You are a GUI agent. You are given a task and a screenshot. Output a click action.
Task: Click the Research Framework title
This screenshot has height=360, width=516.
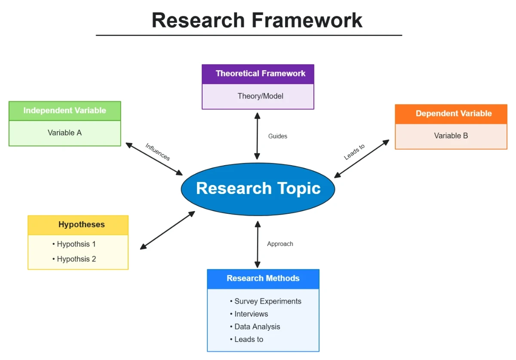point(257,20)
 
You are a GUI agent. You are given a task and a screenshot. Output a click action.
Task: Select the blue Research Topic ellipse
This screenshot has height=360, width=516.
point(258,189)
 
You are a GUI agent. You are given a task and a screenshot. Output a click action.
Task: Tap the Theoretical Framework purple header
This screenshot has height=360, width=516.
point(258,74)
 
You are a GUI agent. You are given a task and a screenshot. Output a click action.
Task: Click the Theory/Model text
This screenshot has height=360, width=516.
point(260,96)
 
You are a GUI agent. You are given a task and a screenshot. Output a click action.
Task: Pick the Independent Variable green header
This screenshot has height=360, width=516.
point(64,111)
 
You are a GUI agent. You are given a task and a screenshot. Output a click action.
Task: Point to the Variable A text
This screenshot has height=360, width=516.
point(64,132)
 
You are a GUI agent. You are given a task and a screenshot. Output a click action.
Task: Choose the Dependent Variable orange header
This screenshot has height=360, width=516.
point(451,114)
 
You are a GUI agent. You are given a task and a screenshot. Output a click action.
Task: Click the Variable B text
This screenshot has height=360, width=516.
point(451,135)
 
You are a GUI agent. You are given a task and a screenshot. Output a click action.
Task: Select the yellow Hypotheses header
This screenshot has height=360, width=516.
point(81,225)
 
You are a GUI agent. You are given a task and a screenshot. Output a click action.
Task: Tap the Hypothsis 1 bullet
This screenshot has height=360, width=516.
point(74,244)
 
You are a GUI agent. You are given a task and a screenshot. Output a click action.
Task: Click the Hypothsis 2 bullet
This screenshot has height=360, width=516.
point(74,259)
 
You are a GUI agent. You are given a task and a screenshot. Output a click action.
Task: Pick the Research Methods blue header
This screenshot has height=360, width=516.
point(263,278)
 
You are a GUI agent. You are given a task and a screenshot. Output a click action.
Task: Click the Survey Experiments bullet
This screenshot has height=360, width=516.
point(266,301)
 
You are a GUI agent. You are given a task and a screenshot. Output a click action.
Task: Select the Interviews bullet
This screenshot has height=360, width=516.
point(249,314)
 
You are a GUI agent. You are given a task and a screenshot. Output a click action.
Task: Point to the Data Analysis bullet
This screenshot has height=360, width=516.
point(255,326)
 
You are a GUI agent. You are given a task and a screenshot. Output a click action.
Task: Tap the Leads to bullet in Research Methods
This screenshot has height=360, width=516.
point(246,339)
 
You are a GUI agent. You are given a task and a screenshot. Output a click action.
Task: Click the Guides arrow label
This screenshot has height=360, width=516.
point(277,136)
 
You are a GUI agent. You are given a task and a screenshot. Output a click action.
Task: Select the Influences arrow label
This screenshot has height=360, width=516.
point(158,152)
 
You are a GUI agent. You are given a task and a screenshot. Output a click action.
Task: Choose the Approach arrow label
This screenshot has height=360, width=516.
point(280,244)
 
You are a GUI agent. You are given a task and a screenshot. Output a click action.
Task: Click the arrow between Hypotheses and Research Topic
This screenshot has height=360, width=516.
point(168,230)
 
